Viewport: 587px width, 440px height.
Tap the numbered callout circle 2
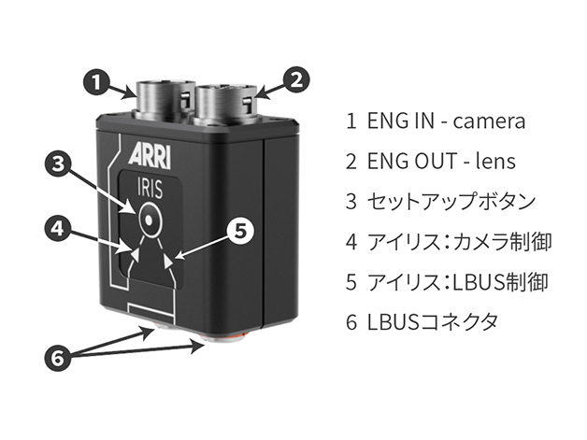(294, 79)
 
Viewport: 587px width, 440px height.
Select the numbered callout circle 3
(58, 164)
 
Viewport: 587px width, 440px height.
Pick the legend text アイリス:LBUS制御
(458, 282)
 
